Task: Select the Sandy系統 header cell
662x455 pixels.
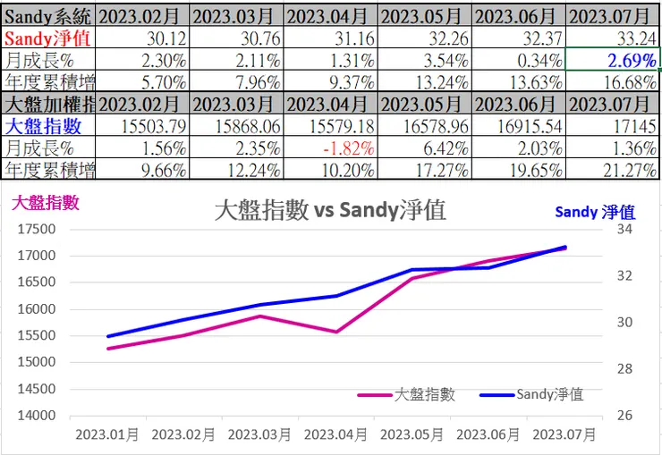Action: pos(48,16)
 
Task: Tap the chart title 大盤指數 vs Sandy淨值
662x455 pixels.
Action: pos(330,211)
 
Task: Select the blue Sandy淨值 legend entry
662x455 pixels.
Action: pos(531,394)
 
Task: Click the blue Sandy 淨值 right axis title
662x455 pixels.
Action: pos(594,212)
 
